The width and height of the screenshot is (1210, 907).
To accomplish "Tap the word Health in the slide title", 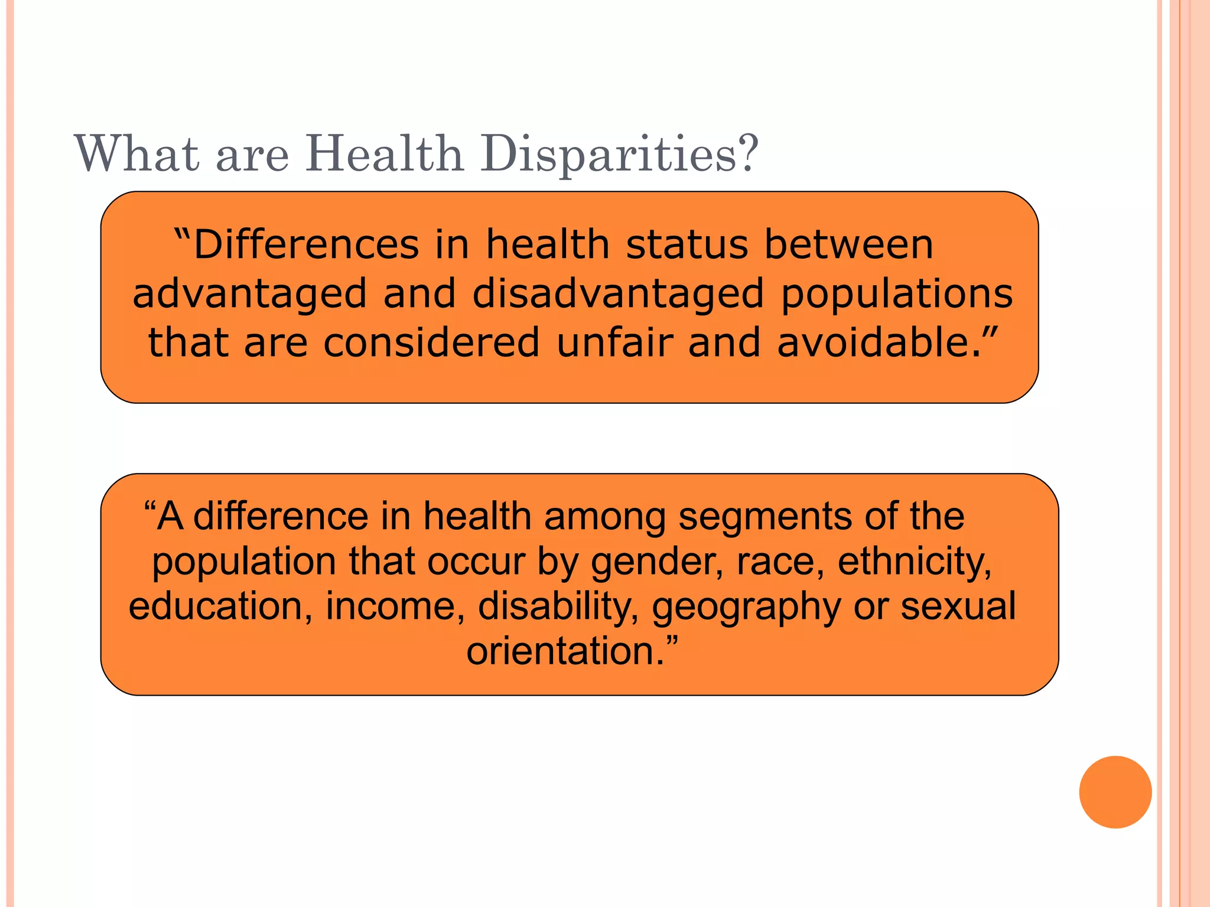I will tap(385, 154).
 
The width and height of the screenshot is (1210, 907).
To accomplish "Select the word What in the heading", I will tap(136, 154).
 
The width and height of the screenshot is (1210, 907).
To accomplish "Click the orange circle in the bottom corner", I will tap(1115, 792).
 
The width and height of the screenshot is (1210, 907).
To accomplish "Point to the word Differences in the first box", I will tap(304, 244).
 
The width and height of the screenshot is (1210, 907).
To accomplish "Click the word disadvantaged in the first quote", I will tap(619, 293).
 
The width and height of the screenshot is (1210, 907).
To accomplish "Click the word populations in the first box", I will tap(897, 293).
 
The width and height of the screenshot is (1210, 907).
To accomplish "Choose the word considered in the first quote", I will tap(431, 342).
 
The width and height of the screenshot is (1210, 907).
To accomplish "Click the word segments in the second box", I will tap(765, 517).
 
